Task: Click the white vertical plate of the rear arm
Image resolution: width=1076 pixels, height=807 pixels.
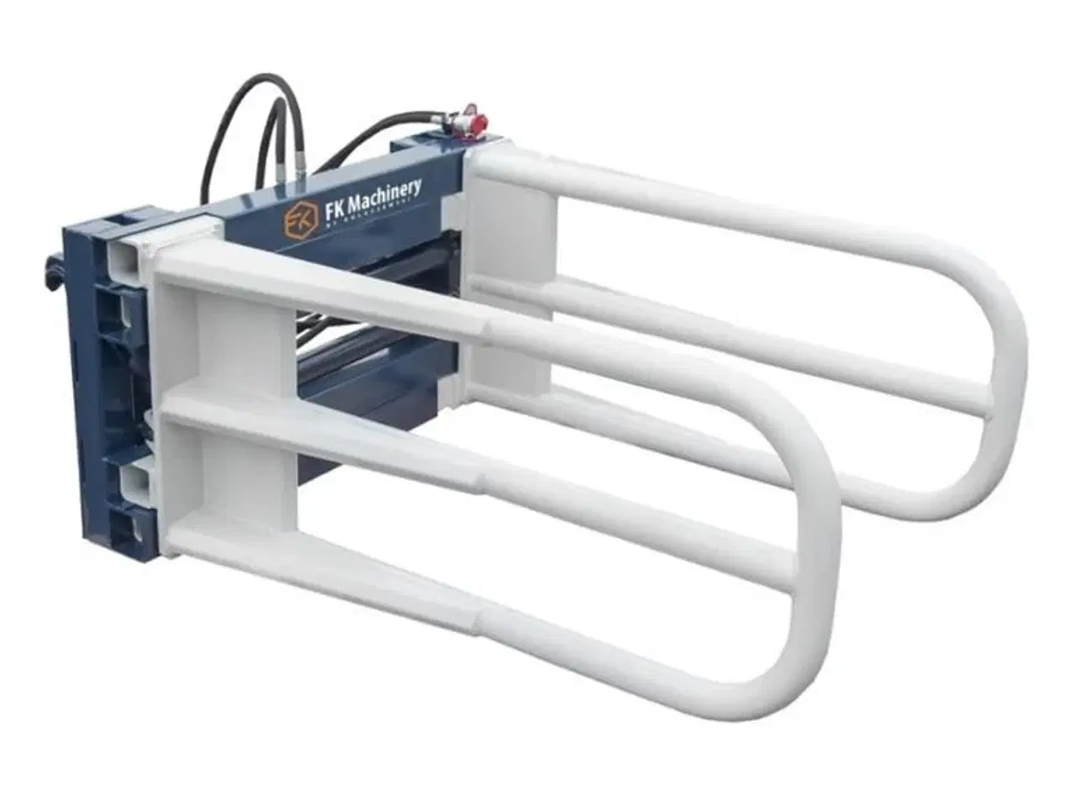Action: tap(513, 244)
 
